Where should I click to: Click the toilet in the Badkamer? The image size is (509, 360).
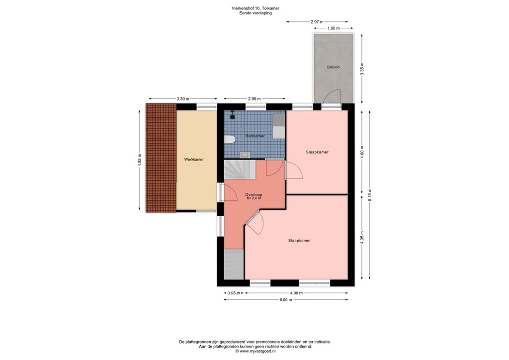click(x=230, y=139)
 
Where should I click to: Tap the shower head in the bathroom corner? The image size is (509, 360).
click(x=232, y=118)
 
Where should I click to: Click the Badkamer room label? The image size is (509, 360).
click(x=255, y=136)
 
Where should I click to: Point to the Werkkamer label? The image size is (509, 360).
click(x=194, y=159)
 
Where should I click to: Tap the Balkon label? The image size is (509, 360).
click(x=333, y=67)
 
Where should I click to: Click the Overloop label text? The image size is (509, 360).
click(x=254, y=194)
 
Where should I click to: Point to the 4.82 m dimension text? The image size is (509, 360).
click(x=140, y=160)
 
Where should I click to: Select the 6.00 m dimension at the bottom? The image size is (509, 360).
click(x=285, y=299)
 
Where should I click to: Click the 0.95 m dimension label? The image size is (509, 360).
click(x=234, y=293)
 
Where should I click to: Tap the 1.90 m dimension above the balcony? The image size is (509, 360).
click(x=333, y=29)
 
